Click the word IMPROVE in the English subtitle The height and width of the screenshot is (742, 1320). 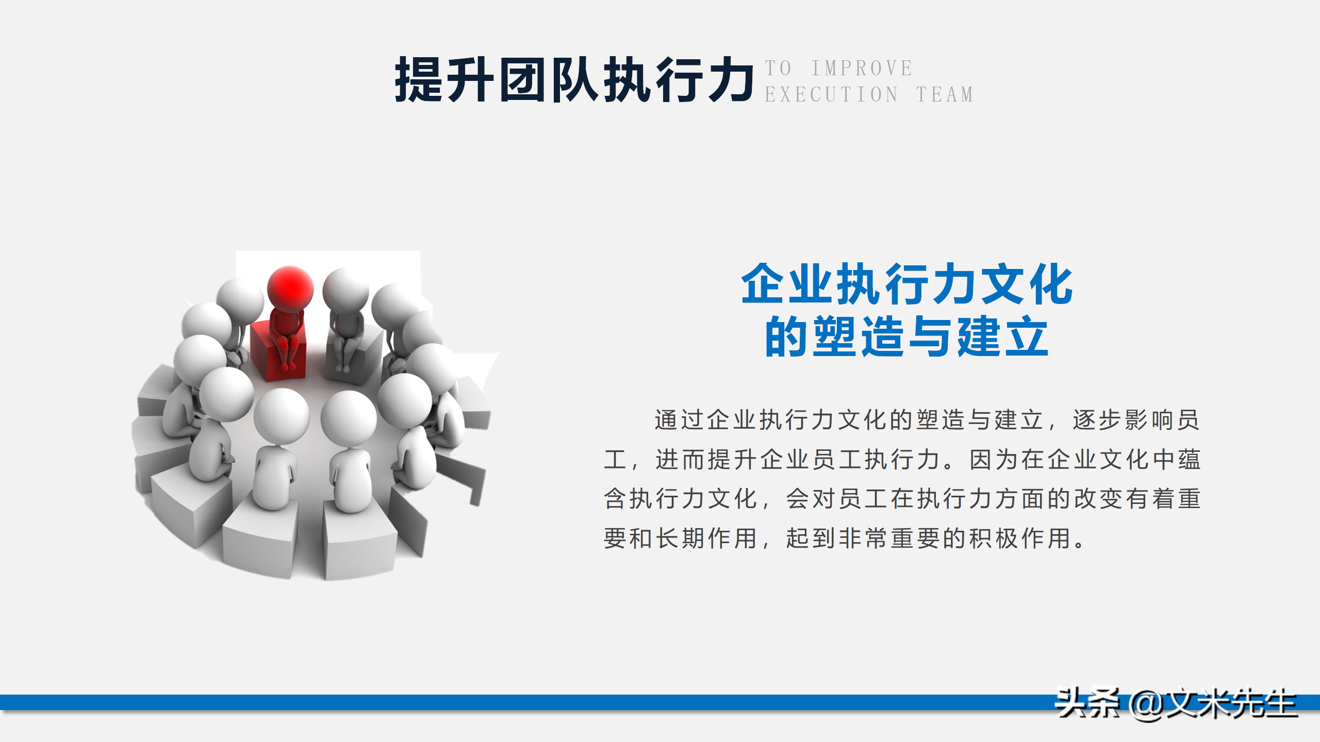point(862,69)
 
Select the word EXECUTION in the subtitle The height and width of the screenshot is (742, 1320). point(831,95)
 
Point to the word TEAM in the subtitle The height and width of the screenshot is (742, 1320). point(945,95)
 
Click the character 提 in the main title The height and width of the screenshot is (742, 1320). point(419,80)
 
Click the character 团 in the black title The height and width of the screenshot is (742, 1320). point(523,80)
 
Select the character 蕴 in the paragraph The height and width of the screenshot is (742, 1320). point(1189,460)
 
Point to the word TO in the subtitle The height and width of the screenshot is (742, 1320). point(778,69)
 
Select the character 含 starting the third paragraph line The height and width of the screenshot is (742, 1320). point(615,499)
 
